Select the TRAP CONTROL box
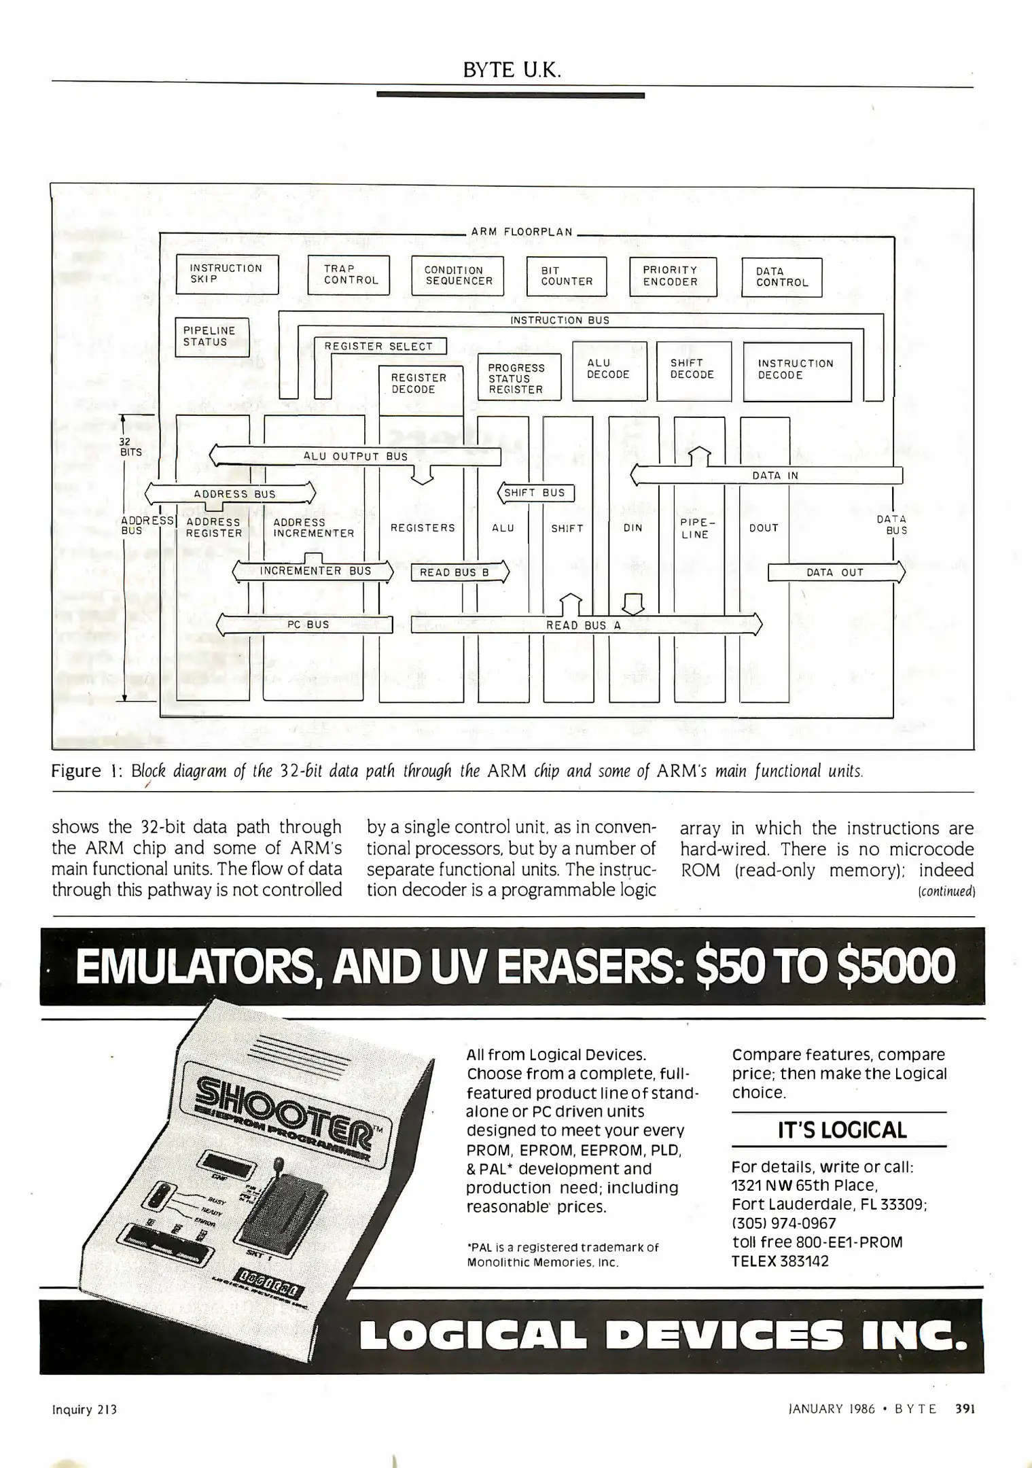[349, 275]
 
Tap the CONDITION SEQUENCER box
[457, 275]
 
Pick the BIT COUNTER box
[566, 276]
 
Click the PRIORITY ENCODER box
[673, 276]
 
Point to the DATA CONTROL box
[781, 277]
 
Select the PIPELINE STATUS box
[211, 336]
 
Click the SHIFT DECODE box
[694, 371]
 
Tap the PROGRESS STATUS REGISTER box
[519, 378]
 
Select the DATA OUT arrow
[835, 572]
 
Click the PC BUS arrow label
[308, 625]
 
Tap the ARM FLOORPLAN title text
[522, 232]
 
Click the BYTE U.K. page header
[512, 70]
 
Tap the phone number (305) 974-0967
[783, 1223]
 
